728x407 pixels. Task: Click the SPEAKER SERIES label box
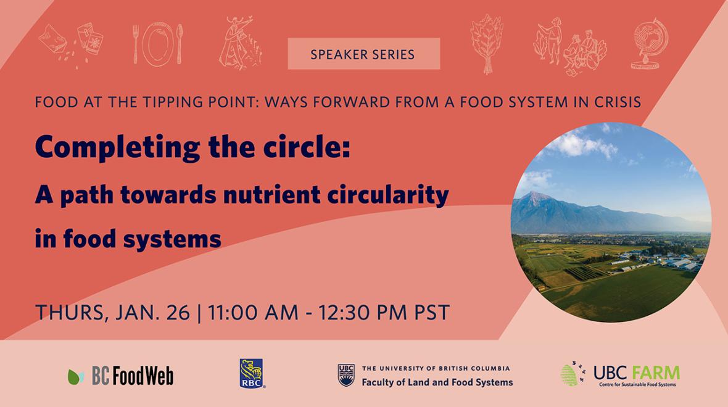363,54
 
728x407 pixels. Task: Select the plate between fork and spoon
158,44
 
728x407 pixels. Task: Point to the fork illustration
136,44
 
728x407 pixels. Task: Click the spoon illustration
180,44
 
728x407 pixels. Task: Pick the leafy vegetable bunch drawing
487,44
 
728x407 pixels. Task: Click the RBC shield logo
251,373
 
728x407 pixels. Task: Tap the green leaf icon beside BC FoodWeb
76,377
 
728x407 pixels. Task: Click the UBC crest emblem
346,375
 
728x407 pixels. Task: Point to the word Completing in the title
117,148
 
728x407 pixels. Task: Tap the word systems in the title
172,240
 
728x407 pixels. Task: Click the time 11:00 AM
252,312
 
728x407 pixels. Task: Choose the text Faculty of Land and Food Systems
437,382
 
